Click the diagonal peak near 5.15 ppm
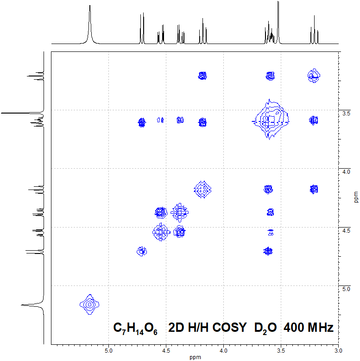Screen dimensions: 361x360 [x=89, y=304]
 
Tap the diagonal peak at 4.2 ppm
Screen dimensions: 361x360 [x=202, y=189]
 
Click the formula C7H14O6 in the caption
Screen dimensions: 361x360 [x=135, y=328]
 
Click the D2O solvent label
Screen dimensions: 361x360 [x=265, y=328]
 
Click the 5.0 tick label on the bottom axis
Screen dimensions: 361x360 [x=108, y=350]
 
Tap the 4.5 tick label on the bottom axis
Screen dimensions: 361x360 [x=166, y=350]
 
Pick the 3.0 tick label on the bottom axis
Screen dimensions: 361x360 [x=338, y=350]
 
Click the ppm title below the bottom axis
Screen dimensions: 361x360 [x=195, y=357]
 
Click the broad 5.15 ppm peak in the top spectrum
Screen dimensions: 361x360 [x=89, y=19]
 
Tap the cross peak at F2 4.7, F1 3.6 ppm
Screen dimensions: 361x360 [x=142, y=122]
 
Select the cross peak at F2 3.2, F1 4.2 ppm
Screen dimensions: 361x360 [x=314, y=189]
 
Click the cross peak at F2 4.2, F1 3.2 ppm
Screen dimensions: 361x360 [x=202, y=76]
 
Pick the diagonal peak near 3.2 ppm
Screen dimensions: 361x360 [x=314, y=75]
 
